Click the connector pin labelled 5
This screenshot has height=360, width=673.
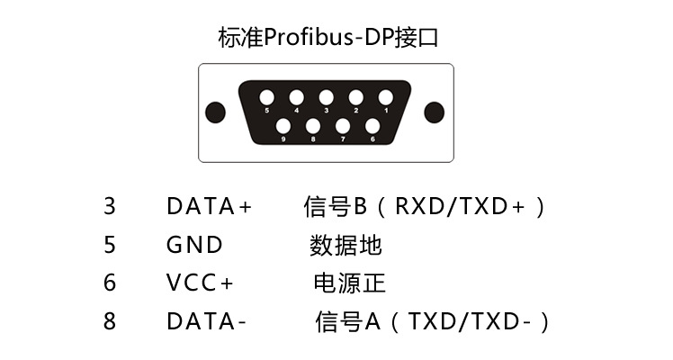[267, 97]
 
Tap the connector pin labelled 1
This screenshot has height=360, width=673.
[385, 97]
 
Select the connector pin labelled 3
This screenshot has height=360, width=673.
[326, 97]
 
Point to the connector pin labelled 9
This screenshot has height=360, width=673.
[283, 127]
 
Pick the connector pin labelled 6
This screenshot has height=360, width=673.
[372, 127]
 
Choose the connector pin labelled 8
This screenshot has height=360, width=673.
[313, 127]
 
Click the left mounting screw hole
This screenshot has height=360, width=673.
[215, 112]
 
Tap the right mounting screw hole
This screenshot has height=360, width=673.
[435, 112]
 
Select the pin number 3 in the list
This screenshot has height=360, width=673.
[110, 206]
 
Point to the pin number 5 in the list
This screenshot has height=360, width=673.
[110, 245]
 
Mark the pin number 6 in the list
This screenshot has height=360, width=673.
[110, 283]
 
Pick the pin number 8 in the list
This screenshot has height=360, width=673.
[110, 321]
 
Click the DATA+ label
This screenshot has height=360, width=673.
[210, 206]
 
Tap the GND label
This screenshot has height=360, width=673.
[194, 245]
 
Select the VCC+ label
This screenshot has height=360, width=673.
[200, 283]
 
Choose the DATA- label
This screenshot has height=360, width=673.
[206, 321]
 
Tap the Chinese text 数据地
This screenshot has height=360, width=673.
[346, 245]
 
